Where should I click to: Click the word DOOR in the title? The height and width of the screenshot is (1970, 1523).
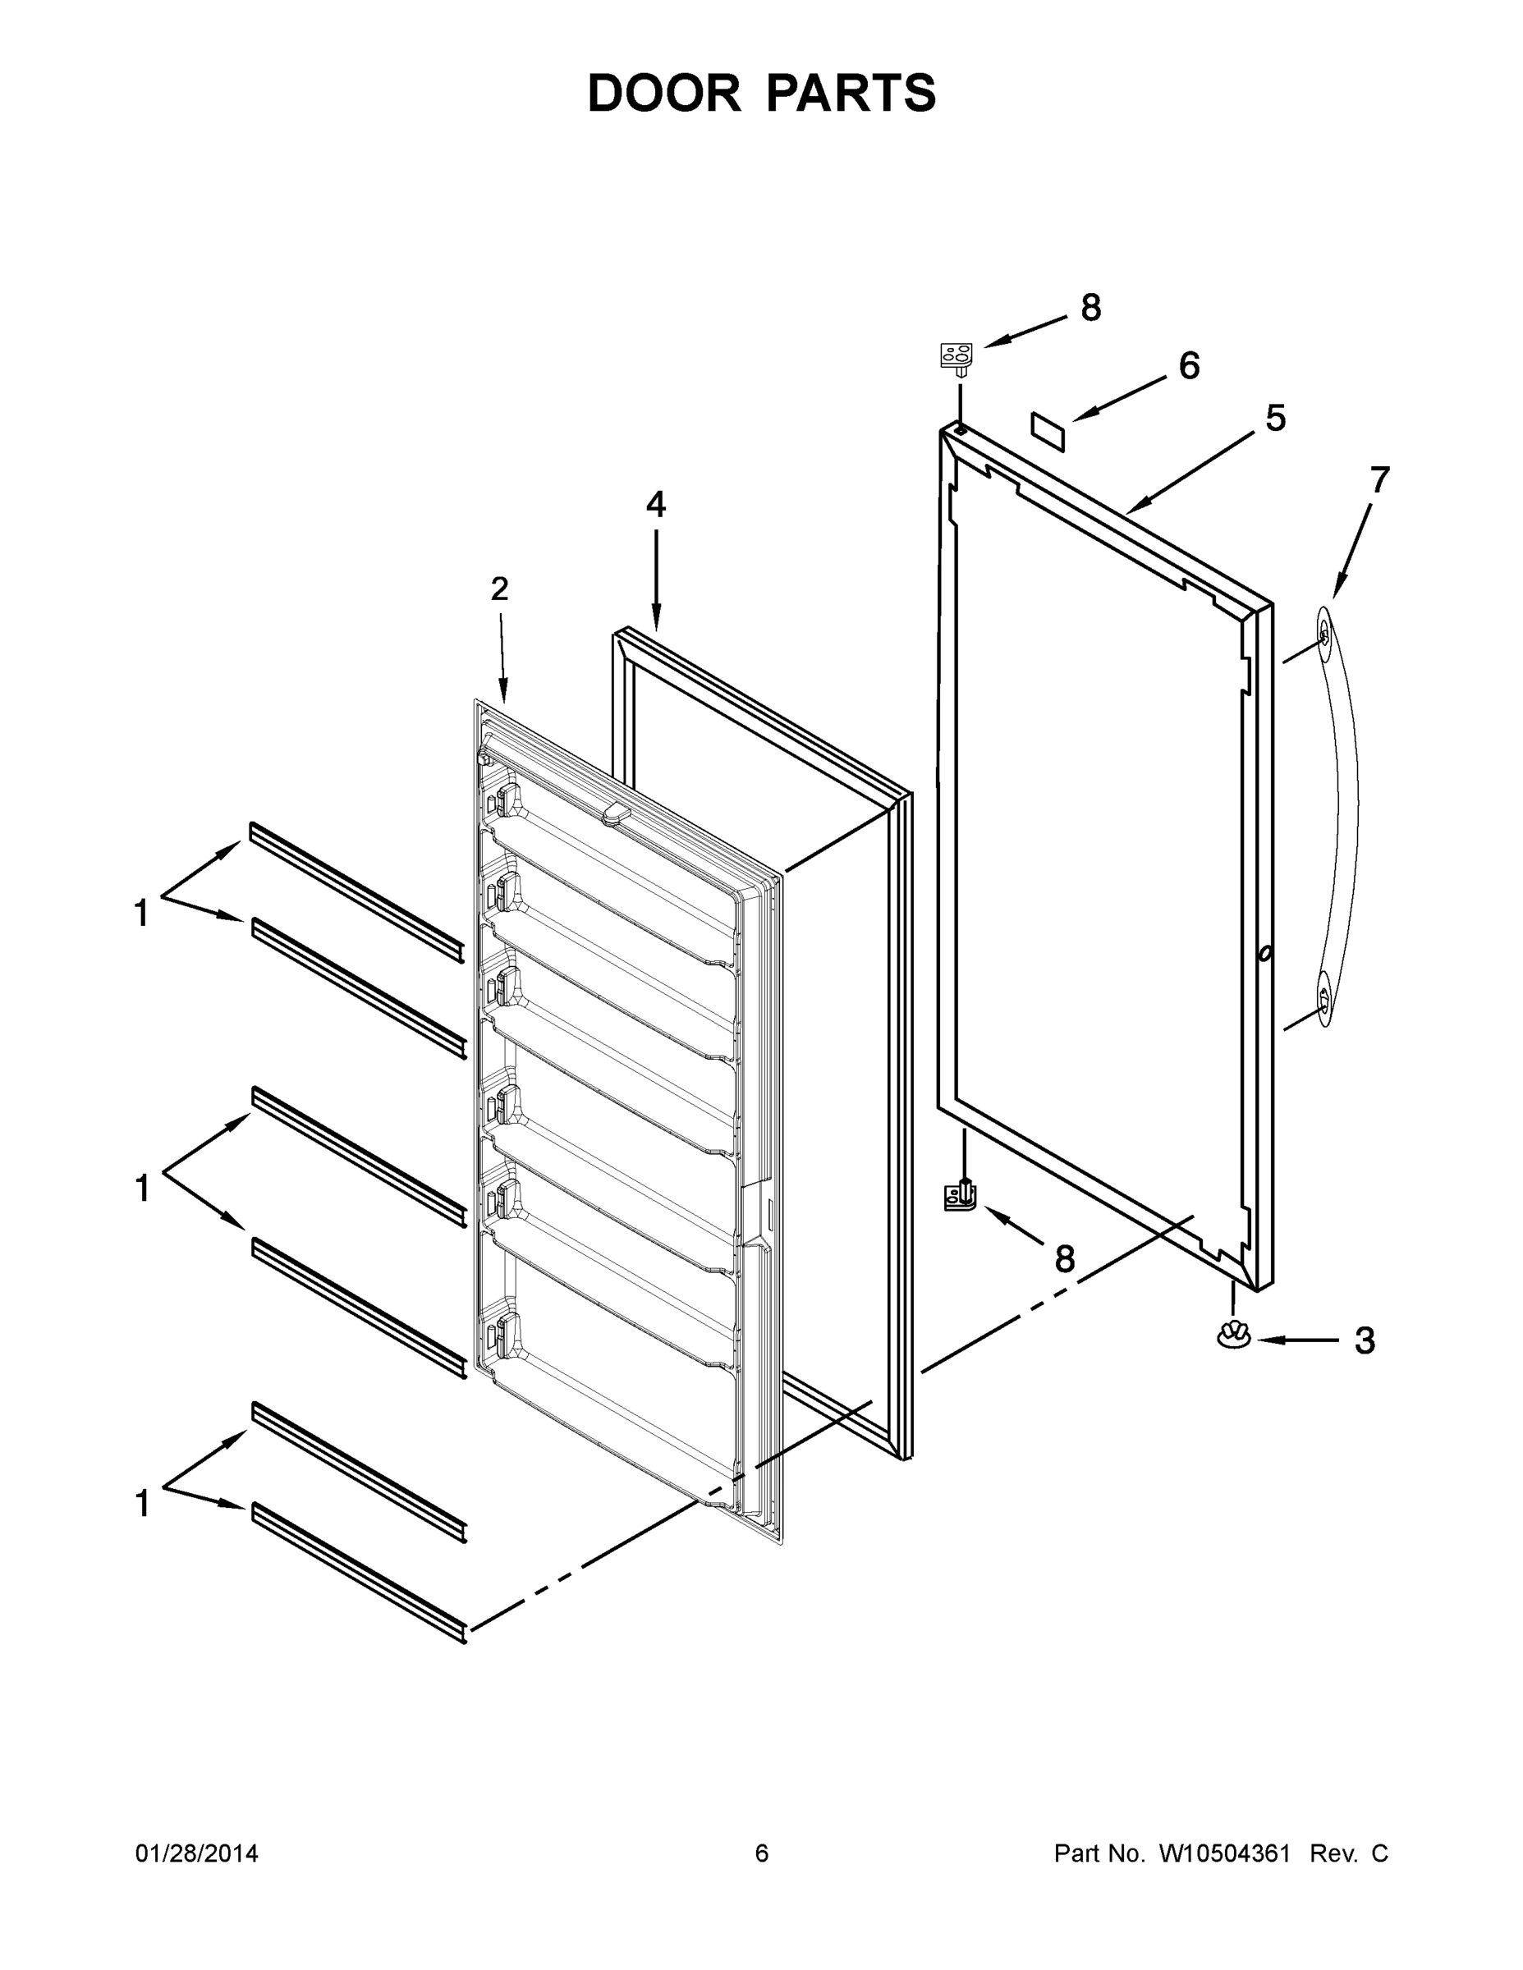point(664,93)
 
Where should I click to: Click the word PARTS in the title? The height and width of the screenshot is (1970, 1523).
point(851,93)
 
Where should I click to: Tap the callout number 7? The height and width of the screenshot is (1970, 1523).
point(1379,481)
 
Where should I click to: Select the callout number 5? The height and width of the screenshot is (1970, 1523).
point(1275,419)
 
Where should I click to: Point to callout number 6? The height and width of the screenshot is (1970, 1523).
point(1189,366)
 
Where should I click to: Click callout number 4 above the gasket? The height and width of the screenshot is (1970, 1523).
point(656,504)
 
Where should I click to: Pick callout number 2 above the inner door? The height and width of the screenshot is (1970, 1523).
point(499,589)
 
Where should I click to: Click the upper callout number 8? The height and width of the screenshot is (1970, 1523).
point(1091,309)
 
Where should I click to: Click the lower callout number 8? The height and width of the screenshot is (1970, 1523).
point(1065,1259)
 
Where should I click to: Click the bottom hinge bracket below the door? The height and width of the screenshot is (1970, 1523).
point(961,1197)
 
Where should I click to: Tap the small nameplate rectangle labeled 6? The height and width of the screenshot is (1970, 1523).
point(1048,432)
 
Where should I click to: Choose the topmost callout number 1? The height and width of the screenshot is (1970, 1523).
point(142,914)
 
